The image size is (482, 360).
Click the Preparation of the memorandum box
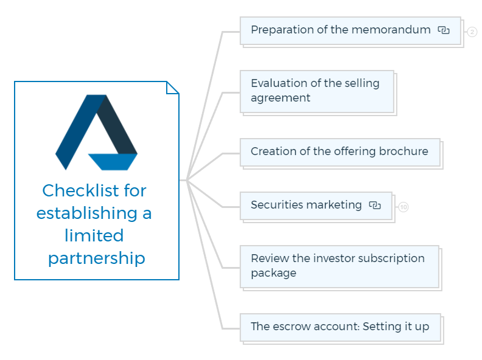(351, 31)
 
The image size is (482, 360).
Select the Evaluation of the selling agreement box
(317, 92)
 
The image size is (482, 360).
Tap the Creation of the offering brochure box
(340, 153)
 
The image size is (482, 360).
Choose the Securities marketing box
(316, 206)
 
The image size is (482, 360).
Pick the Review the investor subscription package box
(340, 266)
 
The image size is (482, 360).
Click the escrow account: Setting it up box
(340, 327)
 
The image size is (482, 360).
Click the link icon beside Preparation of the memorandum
(444, 30)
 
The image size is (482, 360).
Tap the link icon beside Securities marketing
(375, 205)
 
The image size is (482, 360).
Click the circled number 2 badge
(472, 32)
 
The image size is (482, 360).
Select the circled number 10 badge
(403, 207)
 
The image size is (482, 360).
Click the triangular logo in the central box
(96, 133)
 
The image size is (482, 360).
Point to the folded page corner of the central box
(172, 88)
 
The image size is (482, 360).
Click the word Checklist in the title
(80, 190)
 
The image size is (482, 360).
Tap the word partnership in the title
(97, 258)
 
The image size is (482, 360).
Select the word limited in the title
(94, 235)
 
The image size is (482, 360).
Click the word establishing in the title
(87, 213)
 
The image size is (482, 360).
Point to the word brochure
(403, 151)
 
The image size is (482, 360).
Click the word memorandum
(391, 30)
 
